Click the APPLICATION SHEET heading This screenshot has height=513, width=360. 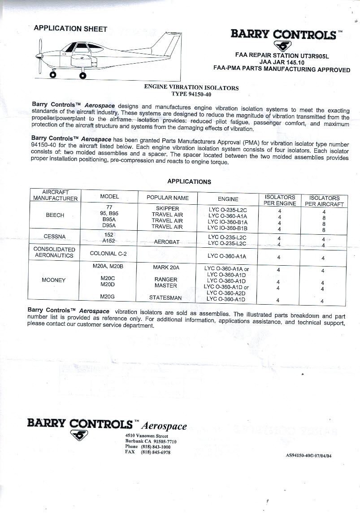point(71,29)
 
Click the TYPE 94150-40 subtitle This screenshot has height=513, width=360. point(191,94)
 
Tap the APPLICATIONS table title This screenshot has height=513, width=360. point(189,181)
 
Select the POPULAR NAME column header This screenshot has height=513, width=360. point(168,198)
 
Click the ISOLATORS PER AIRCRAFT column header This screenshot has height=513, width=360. point(324,201)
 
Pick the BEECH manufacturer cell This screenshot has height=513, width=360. point(55,215)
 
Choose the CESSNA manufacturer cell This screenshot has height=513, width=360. point(55,236)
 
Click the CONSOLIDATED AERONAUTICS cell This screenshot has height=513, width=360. point(55,252)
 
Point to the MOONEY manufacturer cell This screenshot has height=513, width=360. point(54,280)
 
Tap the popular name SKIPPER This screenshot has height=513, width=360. point(168,208)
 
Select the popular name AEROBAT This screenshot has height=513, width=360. point(167,241)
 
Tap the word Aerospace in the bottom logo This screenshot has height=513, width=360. point(164,426)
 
